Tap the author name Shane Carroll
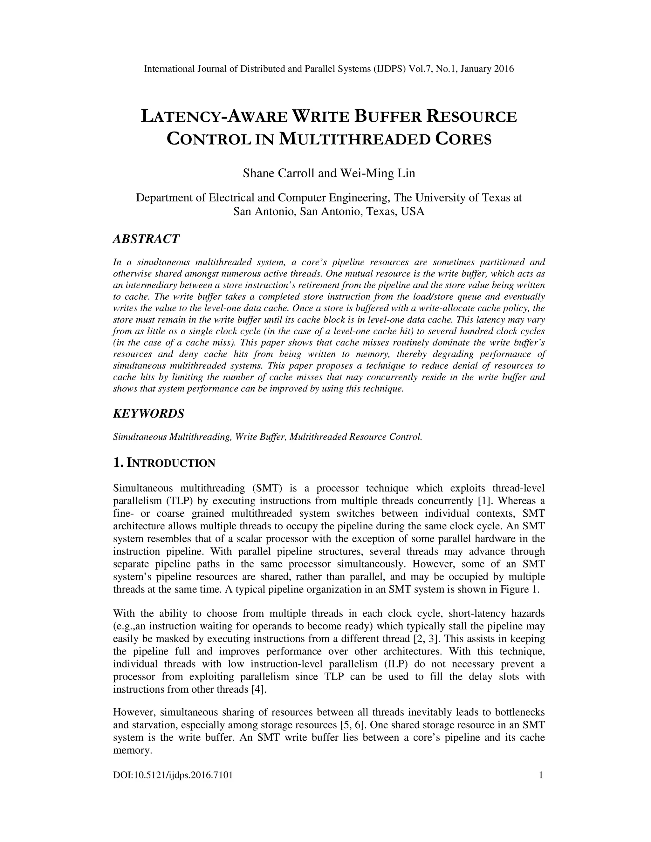tap(278, 173)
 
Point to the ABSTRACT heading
tap(146, 239)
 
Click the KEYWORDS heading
tap(148, 414)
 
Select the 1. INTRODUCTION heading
tap(164, 463)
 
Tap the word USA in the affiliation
tap(413, 212)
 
